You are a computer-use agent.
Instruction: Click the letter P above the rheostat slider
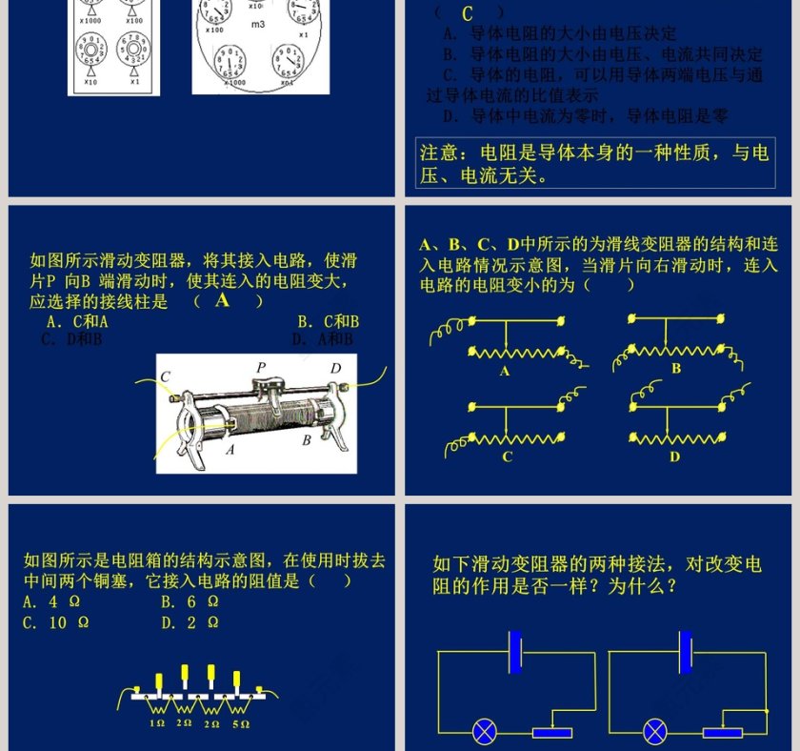point(261,367)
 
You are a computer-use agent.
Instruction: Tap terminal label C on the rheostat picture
point(165,376)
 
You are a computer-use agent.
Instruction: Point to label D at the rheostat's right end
point(335,369)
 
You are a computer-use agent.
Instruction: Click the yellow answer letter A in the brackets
point(223,300)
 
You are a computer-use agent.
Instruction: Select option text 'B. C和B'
point(328,322)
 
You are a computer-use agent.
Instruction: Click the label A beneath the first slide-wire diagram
point(505,372)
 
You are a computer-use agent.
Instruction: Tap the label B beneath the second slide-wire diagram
point(676,368)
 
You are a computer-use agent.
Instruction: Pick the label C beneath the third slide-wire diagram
point(507,457)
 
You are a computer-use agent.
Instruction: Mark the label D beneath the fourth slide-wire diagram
point(674,457)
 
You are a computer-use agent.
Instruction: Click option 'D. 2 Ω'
point(190,622)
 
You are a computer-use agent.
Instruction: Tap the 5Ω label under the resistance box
point(240,724)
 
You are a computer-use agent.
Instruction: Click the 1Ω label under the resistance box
point(157,724)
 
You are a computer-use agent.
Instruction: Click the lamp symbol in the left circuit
point(486,732)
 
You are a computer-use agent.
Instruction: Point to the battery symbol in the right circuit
point(684,652)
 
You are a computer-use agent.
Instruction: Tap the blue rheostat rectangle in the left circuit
point(551,733)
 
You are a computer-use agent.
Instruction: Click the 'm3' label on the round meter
point(258,24)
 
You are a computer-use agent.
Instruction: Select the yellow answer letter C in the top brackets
point(467,13)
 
